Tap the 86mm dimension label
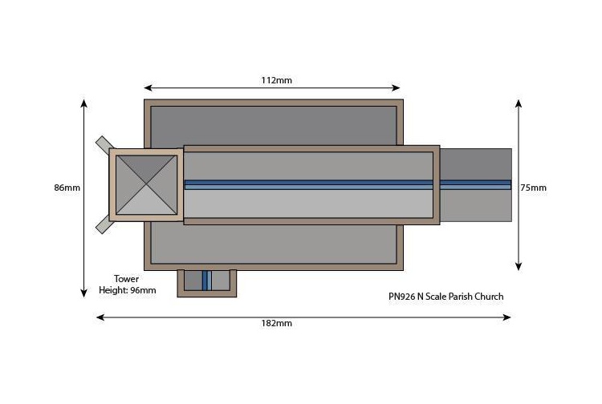pos(67,188)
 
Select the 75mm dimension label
pos(533,188)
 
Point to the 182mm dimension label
pos(277,323)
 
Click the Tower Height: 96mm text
pos(127,285)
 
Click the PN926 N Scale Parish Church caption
pos(446,297)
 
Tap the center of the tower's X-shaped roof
pos(146,184)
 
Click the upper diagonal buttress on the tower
pos(104,145)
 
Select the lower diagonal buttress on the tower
pos(104,224)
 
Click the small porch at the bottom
pos(206,281)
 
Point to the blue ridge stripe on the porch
pos(206,281)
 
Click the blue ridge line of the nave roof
pos(311,184)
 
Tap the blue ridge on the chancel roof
pos(476,184)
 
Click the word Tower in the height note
pos(127,279)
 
